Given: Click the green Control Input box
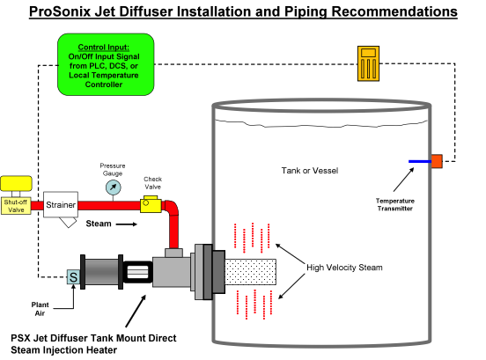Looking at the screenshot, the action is point(106,64).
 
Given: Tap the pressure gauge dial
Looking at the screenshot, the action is point(113,187).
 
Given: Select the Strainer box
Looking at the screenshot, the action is point(61,204).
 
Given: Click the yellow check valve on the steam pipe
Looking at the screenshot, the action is point(151,204).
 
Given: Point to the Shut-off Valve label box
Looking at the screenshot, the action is point(16,206).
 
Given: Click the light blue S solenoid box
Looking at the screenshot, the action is point(73,276).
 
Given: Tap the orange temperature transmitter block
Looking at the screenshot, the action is point(437,161).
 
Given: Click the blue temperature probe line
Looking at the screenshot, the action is point(420,161).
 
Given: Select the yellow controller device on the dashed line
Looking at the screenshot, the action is point(368,63).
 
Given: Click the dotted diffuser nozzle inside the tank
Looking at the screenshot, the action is point(250,272).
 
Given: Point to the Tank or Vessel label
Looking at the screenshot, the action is point(310,171).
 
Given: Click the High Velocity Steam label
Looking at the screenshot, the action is point(344,268).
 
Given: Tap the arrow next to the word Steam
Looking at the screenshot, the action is point(127,224).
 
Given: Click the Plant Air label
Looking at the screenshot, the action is point(40,309).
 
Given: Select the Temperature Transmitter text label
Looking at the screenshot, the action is point(394,204).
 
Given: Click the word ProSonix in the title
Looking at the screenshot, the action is point(60,11).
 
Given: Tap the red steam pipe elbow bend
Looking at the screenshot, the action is point(172,208).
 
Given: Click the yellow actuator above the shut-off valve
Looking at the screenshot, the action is point(16,183).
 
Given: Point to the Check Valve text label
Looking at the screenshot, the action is point(153,183).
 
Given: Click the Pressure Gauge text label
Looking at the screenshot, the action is point(113,170).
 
